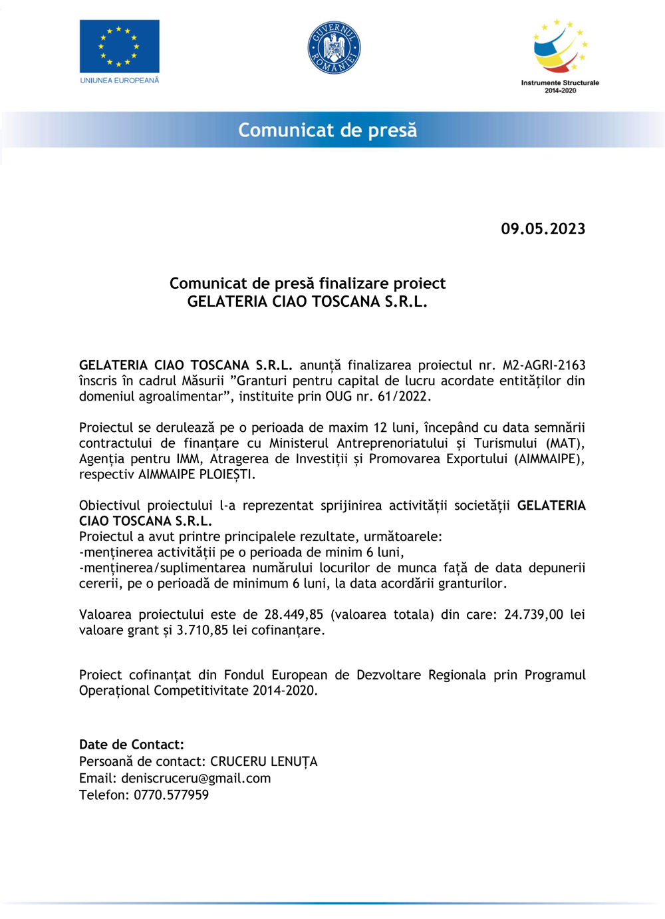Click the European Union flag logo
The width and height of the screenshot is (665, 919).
point(119,46)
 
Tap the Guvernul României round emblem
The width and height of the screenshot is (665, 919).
point(334,47)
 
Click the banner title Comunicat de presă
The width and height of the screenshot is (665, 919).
point(328,130)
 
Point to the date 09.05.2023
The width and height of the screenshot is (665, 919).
point(543,229)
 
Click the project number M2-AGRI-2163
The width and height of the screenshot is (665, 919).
point(544,365)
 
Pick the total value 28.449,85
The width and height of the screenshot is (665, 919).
point(294,615)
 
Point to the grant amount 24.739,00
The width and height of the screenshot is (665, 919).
point(533,615)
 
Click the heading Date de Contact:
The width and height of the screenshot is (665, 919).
point(132,745)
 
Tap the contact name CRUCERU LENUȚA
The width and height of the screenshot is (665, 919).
point(263,761)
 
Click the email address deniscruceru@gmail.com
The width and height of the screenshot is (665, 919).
point(196,778)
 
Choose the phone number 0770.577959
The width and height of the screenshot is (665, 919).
point(172,795)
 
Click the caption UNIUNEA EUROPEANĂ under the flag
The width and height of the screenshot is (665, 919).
point(120,81)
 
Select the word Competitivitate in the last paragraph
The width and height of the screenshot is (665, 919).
point(201,691)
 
